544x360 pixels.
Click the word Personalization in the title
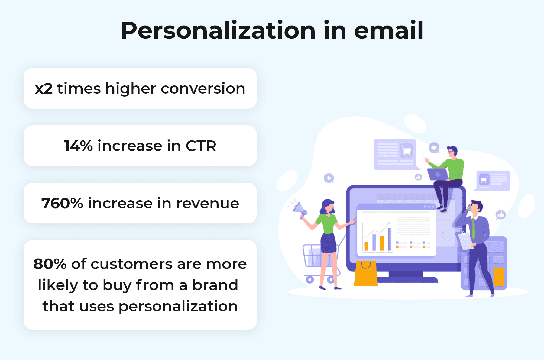[x=218, y=31]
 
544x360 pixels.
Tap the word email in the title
[x=388, y=31]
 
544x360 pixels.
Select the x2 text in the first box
[x=44, y=89]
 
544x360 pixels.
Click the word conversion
[x=203, y=89]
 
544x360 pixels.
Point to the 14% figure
[x=78, y=146]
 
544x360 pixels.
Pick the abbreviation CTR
[x=201, y=146]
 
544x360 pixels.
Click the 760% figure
[x=62, y=203]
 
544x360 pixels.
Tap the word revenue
[x=207, y=203]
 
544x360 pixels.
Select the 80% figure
[x=50, y=264]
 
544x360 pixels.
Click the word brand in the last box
[x=215, y=285]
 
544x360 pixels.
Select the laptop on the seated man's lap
[x=438, y=175]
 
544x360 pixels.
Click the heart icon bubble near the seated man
[x=434, y=148]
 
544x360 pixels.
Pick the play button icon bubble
[x=329, y=178]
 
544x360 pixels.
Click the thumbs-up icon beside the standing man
[x=501, y=215]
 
